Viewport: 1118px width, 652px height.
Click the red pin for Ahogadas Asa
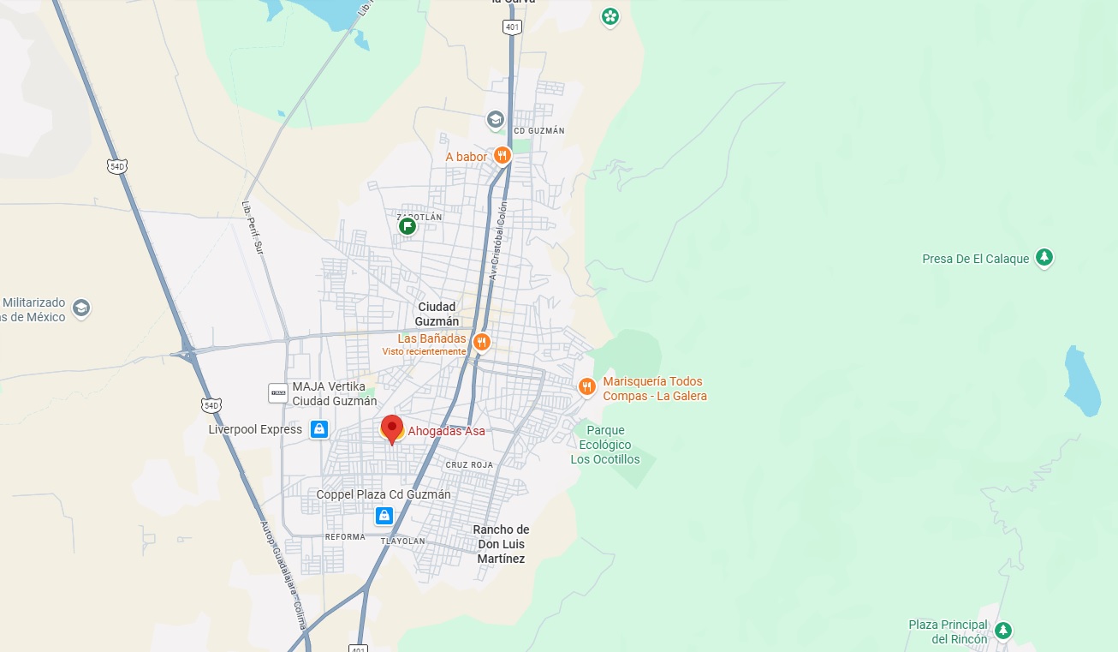[x=392, y=428]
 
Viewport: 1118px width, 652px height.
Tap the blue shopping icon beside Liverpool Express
[x=319, y=429]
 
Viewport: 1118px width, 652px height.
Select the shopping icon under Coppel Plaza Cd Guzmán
[x=384, y=515]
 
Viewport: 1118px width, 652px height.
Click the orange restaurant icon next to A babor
[x=502, y=156]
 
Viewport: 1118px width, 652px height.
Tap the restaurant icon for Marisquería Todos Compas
[x=586, y=386]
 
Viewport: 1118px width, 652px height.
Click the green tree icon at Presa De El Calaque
[x=1044, y=257]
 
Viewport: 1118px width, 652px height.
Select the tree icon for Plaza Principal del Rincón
[x=1002, y=631]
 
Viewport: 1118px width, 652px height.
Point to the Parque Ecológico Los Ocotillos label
[x=605, y=445]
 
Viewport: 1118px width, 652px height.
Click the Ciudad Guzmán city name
[x=437, y=314]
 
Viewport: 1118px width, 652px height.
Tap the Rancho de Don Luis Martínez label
[x=501, y=544]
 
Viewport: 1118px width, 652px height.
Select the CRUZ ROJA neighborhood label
[x=469, y=464]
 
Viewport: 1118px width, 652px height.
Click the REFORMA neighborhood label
[x=345, y=537]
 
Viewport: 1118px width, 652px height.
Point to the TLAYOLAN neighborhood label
[x=403, y=540]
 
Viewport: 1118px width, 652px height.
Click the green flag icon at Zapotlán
[x=407, y=225]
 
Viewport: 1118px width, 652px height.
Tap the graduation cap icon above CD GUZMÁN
[x=495, y=119]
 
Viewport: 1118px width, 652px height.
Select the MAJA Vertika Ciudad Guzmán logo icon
[x=278, y=392]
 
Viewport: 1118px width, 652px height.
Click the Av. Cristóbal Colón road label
[x=498, y=241]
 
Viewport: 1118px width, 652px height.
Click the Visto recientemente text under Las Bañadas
[x=424, y=351]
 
